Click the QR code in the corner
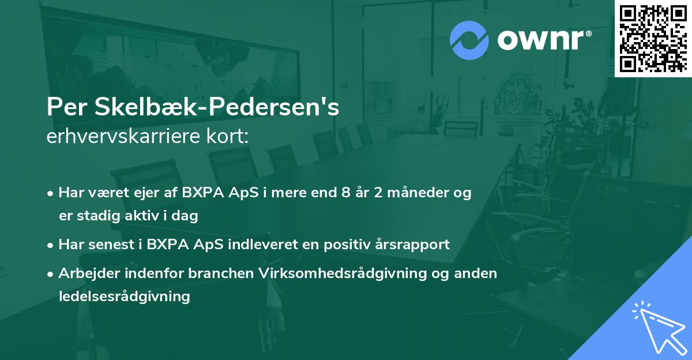(653, 38)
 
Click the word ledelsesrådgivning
(124, 297)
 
